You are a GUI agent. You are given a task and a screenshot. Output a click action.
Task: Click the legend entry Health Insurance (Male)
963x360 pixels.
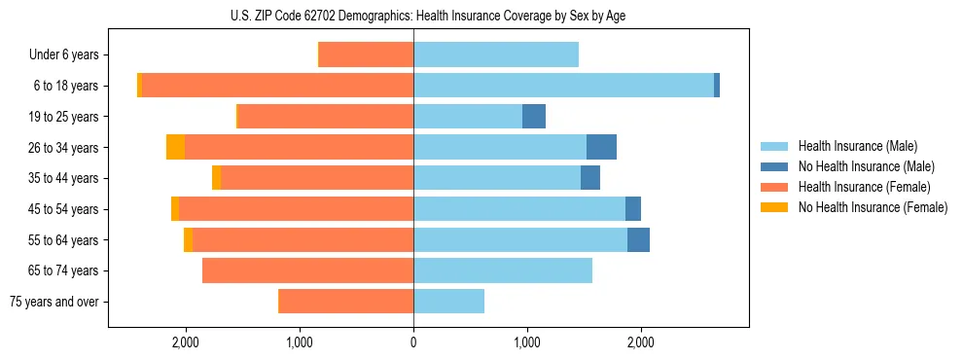pos(857,146)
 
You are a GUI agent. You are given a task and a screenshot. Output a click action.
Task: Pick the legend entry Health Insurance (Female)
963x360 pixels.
pos(864,187)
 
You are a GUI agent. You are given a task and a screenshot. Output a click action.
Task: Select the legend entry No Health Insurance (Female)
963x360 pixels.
pos(873,207)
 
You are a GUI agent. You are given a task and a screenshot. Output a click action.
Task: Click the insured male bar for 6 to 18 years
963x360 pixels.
pos(563,86)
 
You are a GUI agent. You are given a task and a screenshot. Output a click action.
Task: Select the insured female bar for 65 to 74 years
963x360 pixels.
pos(307,270)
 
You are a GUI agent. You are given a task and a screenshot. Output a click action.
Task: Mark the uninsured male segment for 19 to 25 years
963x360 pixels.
pos(534,117)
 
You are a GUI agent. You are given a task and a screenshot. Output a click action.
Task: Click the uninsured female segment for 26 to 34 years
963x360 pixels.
pos(175,147)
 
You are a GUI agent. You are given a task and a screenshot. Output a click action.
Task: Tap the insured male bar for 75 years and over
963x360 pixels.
pos(448,302)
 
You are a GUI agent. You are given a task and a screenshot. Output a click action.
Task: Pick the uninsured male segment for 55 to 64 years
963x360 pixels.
pos(638,239)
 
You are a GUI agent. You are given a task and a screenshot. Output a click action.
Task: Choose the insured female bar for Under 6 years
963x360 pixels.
pos(366,55)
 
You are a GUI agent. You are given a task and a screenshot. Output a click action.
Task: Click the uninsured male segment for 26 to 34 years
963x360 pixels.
pos(601,147)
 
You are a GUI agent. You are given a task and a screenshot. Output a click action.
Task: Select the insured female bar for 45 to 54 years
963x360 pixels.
pos(296,209)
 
